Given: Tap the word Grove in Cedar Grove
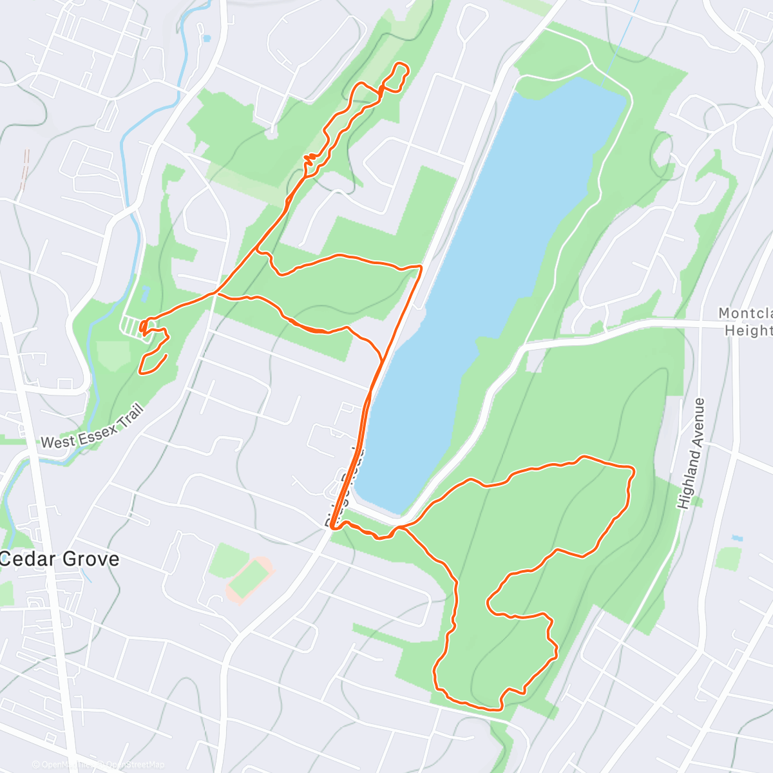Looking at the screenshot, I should pyautogui.click(x=90, y=558).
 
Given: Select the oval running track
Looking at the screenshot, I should pyautogui.click(x=249, y=578).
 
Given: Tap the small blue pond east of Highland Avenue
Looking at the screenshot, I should pyautogui.click(x=737, y=537).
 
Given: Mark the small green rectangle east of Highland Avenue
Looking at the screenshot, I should pyautogui.click(x=727, y=558).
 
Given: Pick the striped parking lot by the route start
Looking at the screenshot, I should pyautogui.click(x=131, y=325).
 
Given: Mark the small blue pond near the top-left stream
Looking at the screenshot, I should pyautogui.click(x=205, y=38).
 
